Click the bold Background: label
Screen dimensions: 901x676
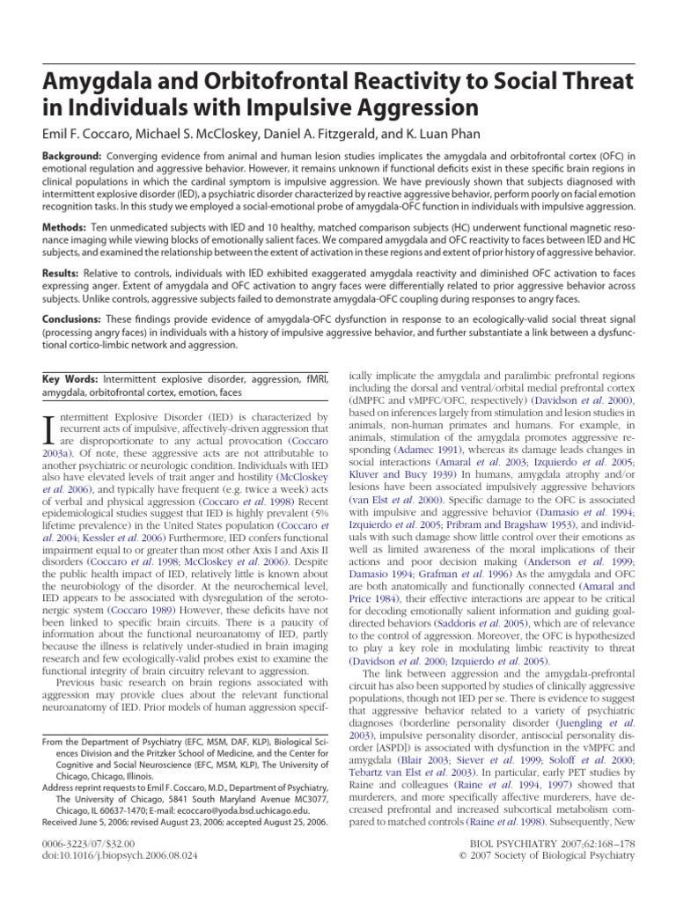click(x=77, y=155)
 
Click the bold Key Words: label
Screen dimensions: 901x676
click(x=72, y=378)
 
